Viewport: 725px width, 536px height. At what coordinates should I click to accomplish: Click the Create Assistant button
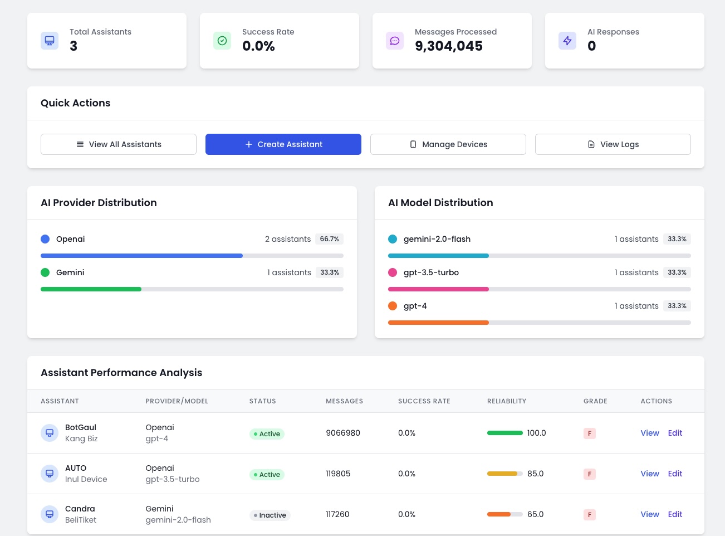tap(283, 144)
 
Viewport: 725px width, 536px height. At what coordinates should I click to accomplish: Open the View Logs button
tap(613, 144)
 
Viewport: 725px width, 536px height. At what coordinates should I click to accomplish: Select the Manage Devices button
tap(448, 144)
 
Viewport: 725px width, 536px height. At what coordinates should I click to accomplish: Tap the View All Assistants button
tap(119, 144)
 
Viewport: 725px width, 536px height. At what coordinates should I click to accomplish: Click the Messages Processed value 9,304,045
tap(449, 46)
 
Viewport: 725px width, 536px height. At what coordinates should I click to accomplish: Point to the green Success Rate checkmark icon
tap(222, 41)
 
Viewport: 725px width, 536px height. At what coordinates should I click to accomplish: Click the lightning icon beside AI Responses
tap(567, 41)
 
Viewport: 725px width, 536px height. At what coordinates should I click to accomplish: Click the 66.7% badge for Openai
tap(329, 239)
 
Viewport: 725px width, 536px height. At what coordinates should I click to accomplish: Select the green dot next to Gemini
tap(45, 272)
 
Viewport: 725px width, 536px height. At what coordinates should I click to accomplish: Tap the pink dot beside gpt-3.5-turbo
tap(393, 272)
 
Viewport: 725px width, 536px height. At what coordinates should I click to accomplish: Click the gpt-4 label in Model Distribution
tap(415, 306)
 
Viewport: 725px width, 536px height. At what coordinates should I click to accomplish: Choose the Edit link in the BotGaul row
tap(675, 433)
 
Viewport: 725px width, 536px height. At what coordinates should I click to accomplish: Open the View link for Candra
tap(649, 514)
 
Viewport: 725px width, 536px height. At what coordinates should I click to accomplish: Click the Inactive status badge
tap(270, 515)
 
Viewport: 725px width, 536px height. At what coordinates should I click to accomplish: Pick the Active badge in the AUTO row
tap(267, 475)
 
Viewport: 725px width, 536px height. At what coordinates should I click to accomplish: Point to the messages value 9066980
tap(343, 433)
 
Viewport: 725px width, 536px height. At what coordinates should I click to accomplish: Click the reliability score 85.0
tap(535, 474)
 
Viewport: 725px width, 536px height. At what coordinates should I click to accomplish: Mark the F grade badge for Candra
tap(590, 515)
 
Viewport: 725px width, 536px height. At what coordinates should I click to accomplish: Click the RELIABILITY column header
tap(506, 401)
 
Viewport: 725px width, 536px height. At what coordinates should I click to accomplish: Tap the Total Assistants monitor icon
tap(50, 41)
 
